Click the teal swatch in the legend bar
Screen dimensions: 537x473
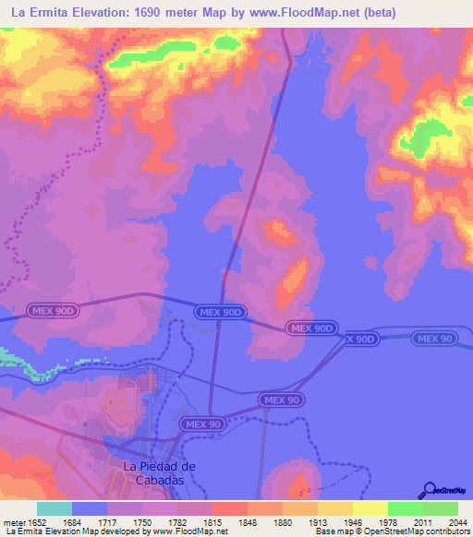pos(55,508)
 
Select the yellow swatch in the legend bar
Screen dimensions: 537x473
pos(370,508)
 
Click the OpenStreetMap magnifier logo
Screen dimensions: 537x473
pos(427,491)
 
